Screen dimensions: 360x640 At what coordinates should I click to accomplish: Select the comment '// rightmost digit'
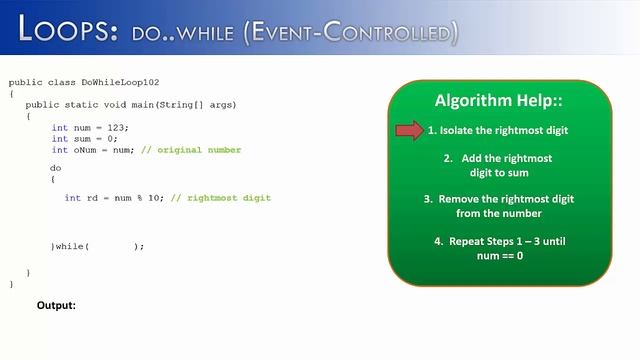pos(221,198)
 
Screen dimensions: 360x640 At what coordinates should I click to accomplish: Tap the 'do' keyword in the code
pos(56,168)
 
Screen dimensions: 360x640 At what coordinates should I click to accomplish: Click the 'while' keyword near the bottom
pos(70,246)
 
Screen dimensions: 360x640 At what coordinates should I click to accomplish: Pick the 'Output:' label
pos(56,305)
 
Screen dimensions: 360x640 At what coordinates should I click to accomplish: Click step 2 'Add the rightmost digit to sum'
pos(498,165)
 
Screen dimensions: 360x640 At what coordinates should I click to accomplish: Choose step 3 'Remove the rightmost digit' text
pos(498,206)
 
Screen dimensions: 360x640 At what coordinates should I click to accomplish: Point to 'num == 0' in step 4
pos(499,256)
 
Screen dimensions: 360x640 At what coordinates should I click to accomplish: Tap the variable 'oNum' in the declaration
pos(86,150)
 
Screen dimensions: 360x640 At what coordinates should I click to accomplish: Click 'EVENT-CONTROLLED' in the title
pos(345,33)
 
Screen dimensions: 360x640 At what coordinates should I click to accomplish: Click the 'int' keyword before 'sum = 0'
pos(60,139)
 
